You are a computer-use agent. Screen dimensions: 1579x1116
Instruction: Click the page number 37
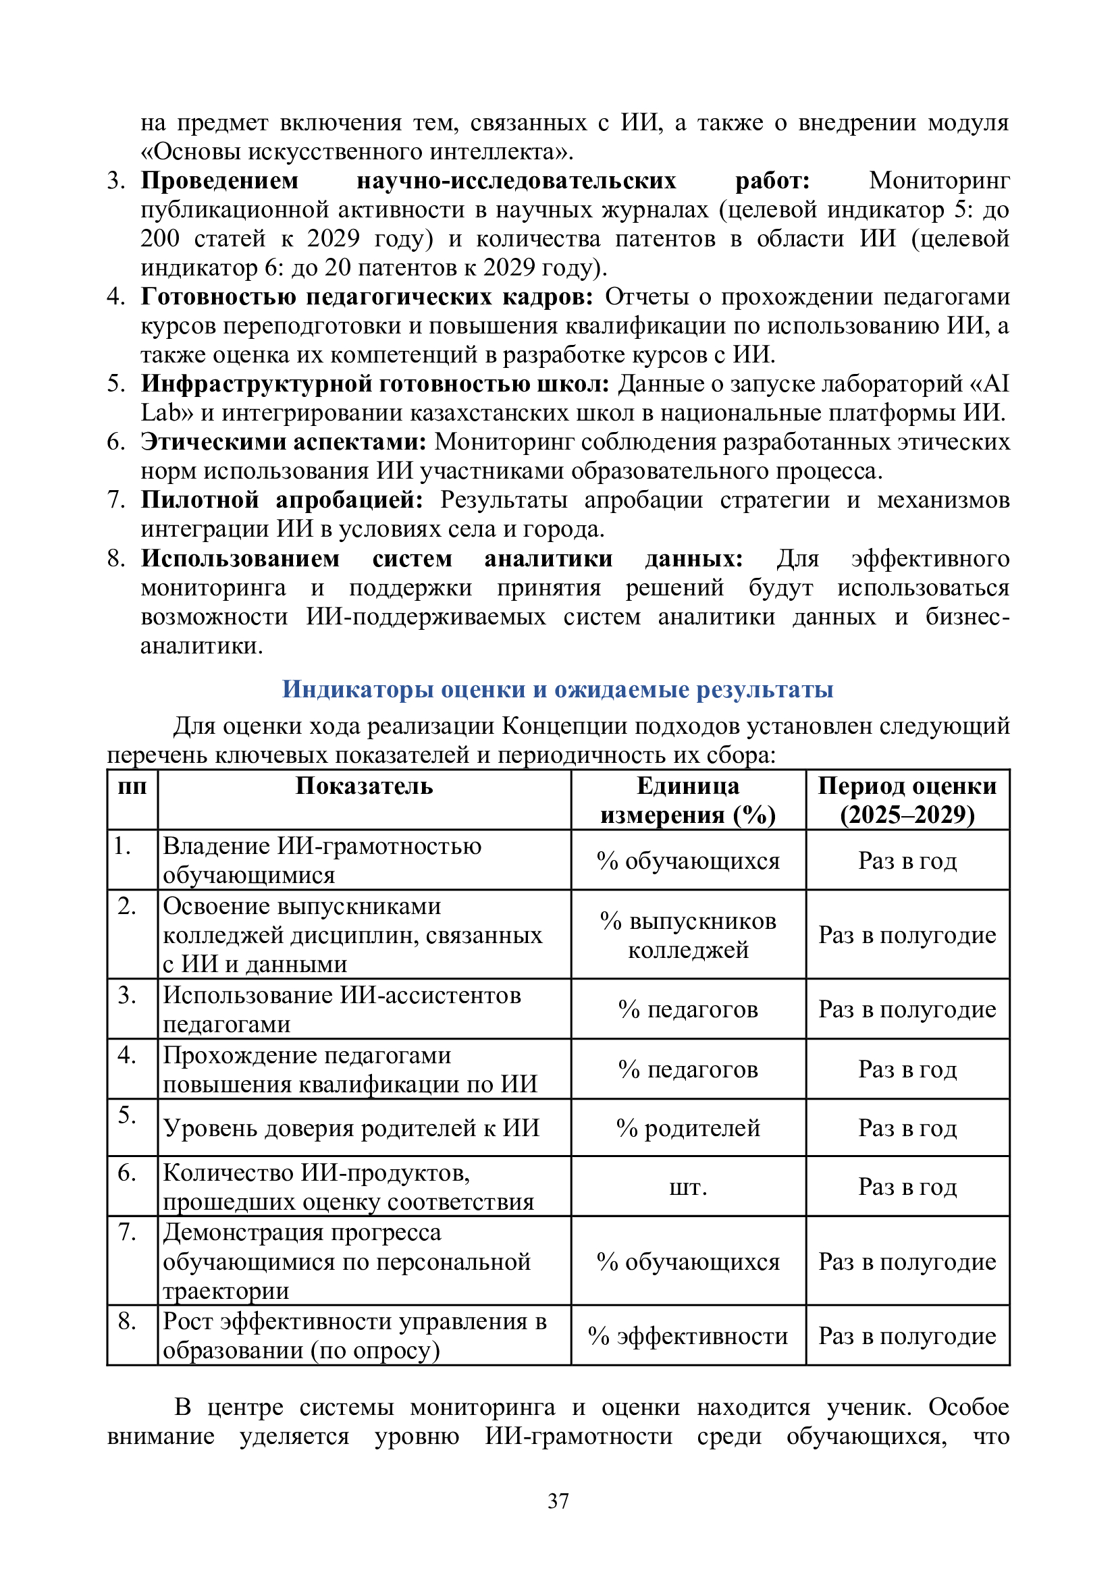tap(558, 1501)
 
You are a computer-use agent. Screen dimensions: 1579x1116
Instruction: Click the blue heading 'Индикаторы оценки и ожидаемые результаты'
tap(558, 689)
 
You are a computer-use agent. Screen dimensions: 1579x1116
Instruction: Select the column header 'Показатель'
tap(364, 786)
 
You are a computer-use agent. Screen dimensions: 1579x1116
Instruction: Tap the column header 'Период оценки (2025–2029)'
tap(907, 801)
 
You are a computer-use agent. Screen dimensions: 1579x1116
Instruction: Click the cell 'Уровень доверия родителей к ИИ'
tap(350, 1128)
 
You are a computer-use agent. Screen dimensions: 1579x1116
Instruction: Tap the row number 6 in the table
tap(127, 1173)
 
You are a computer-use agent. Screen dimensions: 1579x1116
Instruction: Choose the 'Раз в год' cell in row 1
tap(907, 860)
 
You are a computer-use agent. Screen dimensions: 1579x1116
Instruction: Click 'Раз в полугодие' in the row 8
tap(907, 1335)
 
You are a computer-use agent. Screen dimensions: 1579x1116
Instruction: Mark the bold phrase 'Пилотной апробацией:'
tap(282, 500)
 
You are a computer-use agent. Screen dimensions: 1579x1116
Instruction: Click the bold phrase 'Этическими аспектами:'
tap(284, 441)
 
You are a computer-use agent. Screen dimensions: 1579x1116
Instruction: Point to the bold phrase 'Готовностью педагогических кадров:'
tap(367, 296)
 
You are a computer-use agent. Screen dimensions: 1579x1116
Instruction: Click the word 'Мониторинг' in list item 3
tap(939, 181)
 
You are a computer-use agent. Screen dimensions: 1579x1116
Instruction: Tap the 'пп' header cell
tap(132, 786)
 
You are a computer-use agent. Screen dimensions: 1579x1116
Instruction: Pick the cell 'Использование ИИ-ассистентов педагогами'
tap(342, 1009)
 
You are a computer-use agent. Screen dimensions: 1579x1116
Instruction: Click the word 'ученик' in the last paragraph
tap(868, 1407)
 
